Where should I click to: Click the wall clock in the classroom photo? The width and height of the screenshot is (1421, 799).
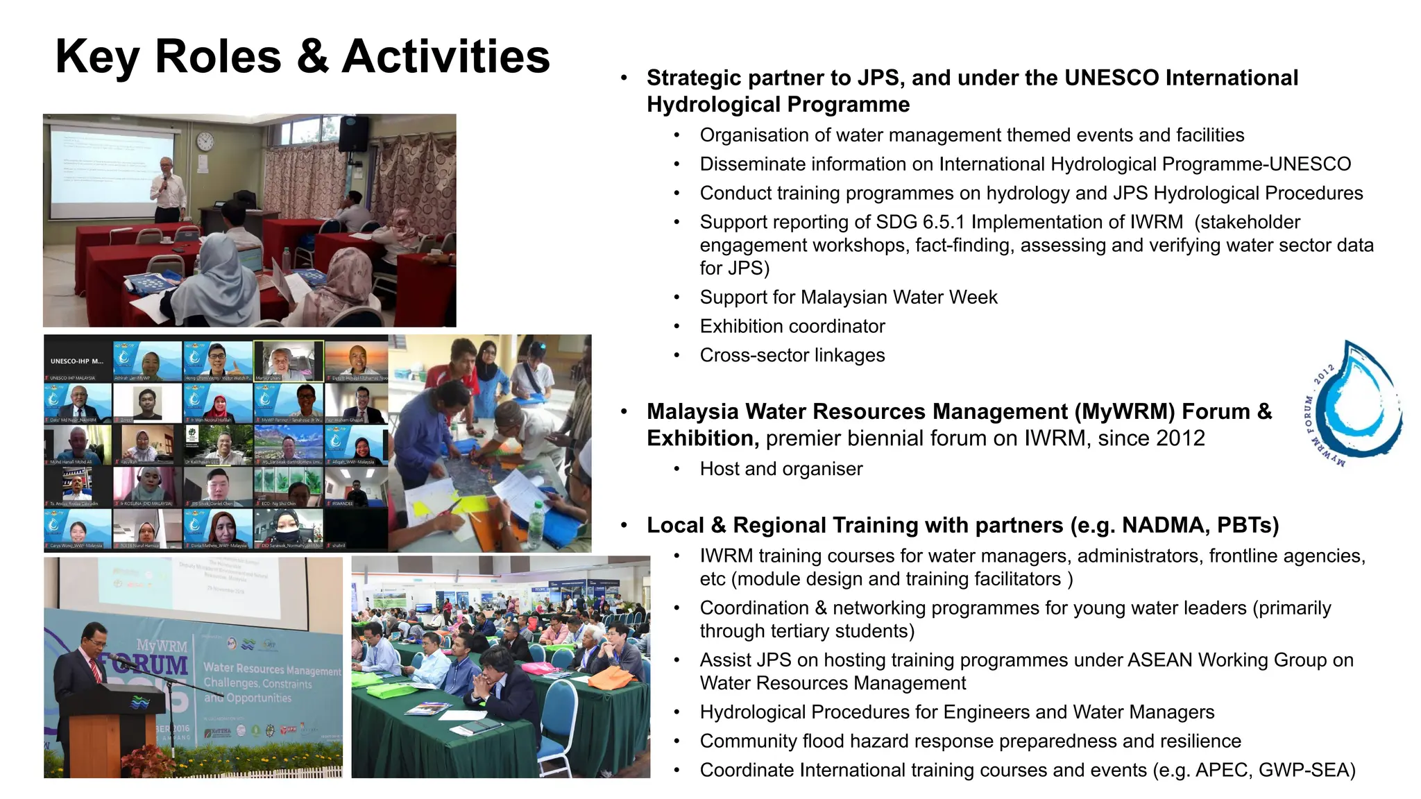click(x=205, y=141)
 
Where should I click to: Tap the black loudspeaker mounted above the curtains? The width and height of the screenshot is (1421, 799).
click(x=353, y=133)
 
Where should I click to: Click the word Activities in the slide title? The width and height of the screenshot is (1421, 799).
click(x=446, y=56)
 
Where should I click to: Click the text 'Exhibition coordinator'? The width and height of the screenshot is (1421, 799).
click(x=792, y=326)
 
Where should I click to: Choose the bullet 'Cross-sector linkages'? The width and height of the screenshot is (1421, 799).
click(x=792, y=355)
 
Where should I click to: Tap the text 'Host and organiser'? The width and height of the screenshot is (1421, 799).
click(x=781, y=469)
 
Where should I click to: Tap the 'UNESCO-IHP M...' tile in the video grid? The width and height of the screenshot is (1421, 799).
click(x=77, y=361)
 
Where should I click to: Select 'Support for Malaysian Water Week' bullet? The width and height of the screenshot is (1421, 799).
click(x=848, y=297)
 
